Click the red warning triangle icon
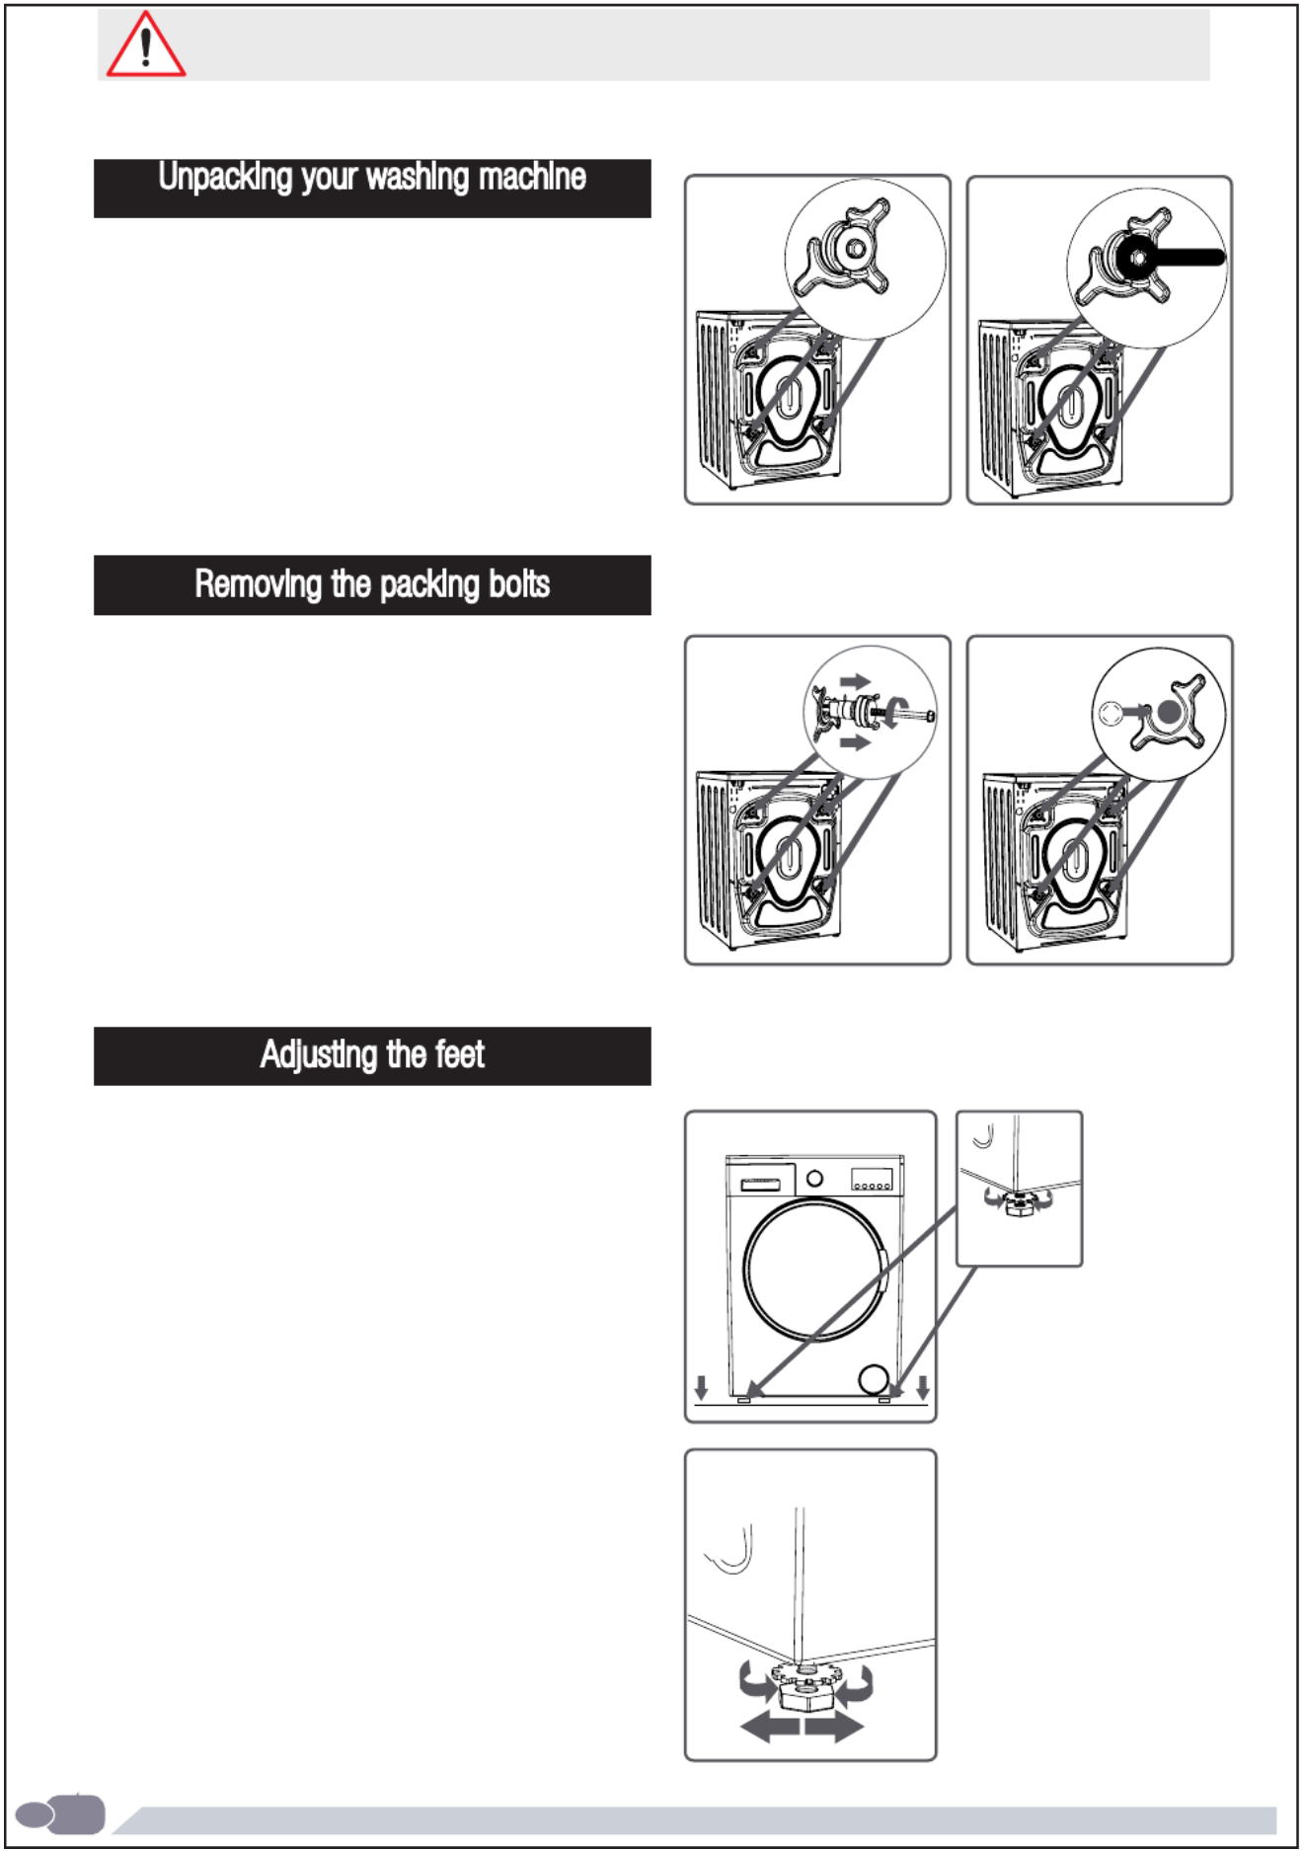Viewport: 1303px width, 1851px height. point(145,46)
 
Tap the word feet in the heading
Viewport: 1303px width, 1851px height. point(459,1055)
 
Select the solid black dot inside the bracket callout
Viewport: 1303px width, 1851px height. point(1169,713)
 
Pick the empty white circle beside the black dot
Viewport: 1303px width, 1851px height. point(1110,713)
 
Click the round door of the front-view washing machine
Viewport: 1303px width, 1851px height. point(815,1269)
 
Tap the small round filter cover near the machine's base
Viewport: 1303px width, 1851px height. point(874,1378)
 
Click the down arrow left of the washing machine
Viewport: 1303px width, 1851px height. point(701,1387)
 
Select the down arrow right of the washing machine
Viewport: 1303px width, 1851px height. point(923,1387)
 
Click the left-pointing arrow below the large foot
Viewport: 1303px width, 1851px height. point(770,1727)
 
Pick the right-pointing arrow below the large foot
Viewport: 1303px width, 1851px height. point(834,1727)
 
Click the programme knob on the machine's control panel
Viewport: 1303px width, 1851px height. point(814,1178)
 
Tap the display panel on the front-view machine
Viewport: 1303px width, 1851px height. point(872,1179)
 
